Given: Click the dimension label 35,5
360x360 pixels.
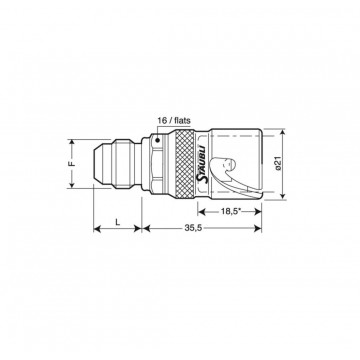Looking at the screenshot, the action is click(193, 228).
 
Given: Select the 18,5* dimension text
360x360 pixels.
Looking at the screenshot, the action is click(231, 211).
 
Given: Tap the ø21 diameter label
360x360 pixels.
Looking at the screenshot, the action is click(279, 164).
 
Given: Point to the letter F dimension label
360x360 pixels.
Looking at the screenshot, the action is click(74, 164).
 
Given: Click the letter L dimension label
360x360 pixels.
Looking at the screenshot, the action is click(117, 222).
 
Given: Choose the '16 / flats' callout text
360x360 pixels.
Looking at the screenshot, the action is click(174, 120).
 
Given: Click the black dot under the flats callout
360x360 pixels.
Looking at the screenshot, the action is click(157, 140).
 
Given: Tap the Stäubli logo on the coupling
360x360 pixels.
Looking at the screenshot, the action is click(203, 164).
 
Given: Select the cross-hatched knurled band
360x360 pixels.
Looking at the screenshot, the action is click(184, 164).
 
